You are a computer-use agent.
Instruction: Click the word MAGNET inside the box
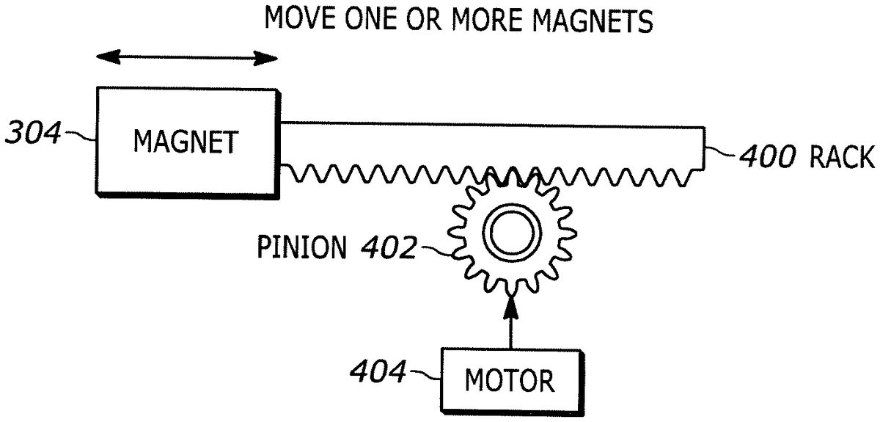tap(185, 141)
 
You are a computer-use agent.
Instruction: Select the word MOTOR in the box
tap(510, 382)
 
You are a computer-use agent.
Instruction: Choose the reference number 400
tap(766, 157)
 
